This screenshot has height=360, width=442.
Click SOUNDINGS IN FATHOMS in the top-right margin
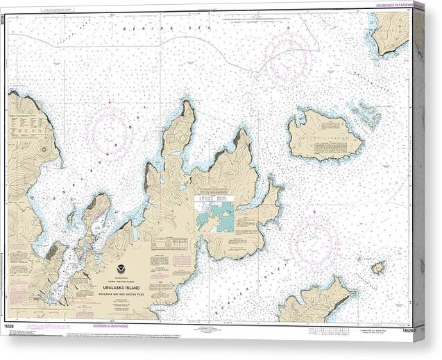[393, 6]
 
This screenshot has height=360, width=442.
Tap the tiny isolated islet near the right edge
[377, 267]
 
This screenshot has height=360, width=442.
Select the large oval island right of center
[325, 135]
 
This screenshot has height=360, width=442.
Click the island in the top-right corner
[390, 31]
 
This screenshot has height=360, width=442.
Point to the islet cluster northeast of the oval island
[366, 113]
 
